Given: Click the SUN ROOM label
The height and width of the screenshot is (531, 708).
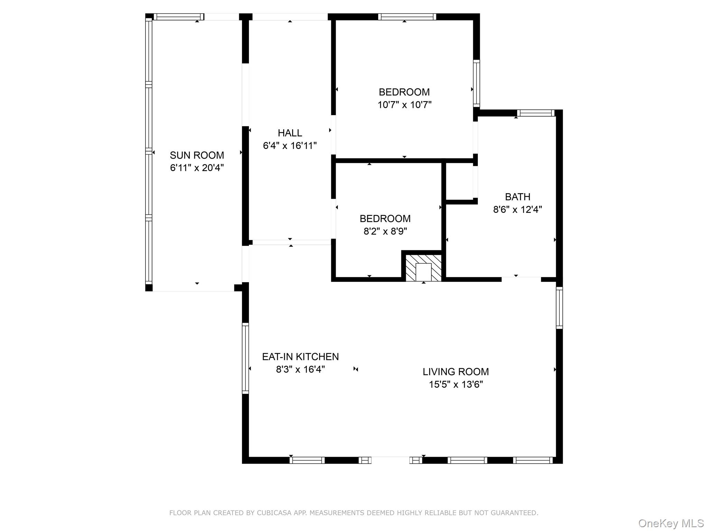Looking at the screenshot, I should point(197,155).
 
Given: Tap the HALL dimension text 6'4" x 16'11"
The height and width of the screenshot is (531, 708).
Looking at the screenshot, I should point(290,146).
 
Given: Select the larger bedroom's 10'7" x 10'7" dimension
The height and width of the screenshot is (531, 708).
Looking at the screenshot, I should point(404,104).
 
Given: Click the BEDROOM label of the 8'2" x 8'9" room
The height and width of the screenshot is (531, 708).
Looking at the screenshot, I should point(385,218).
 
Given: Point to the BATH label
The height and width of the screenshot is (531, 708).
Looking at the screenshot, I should point(518,197).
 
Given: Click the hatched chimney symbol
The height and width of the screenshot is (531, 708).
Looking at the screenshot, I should point(423,268).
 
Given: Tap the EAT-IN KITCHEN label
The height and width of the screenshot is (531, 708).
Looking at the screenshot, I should point(300,356).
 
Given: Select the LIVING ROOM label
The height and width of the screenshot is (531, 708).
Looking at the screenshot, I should point(456,372).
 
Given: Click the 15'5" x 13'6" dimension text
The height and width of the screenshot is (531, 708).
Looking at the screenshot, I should point(456,384).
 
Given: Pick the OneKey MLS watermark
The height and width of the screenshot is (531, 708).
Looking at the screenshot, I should point(671,523).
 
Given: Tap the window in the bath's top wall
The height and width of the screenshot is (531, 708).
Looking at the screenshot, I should point(535,113).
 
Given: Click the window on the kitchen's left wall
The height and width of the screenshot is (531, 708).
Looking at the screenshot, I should point(245,358).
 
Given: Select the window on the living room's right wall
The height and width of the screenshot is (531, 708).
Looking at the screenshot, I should point(559,308).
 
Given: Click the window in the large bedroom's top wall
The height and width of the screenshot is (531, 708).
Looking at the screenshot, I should point(407,17).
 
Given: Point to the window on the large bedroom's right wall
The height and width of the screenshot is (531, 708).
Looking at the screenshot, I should point(476,84).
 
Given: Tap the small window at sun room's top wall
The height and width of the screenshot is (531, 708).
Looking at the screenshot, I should point(179,17).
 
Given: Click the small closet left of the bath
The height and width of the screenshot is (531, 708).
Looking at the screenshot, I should point(459,181).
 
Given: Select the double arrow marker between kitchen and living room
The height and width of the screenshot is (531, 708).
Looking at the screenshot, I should point(355,369).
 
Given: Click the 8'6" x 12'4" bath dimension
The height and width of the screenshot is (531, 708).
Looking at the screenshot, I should point(518,209).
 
